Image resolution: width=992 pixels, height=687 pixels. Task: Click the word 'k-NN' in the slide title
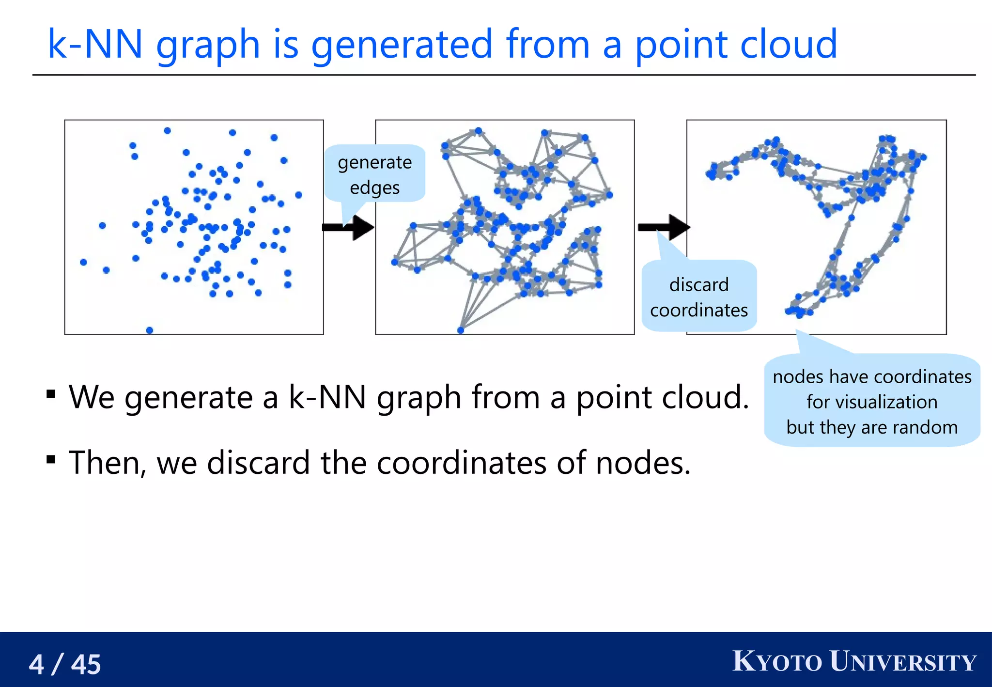pos(95,45)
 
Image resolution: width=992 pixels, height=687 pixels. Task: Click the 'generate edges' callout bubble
pos(374,174)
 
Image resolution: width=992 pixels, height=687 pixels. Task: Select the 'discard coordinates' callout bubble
pos(698,297)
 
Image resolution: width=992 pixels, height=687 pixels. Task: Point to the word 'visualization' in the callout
pos(871,402)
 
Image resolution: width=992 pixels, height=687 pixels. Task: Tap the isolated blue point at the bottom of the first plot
pos(150,330)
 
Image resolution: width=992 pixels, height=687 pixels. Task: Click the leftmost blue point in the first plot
pos(83,262)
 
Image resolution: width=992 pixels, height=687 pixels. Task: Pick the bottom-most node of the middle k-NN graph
pos(461,330)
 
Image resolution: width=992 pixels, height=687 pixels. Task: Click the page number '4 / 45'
pos(65,664)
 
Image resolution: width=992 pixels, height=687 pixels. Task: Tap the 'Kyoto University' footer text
pos(854,662)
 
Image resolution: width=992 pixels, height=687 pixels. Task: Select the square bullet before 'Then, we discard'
pos(51,459)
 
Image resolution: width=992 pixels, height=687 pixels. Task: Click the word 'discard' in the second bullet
pos(258,463)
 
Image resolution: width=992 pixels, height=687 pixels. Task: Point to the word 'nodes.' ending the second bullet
pos(643,463)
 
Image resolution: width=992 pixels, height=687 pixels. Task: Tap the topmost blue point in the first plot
pos(167,131)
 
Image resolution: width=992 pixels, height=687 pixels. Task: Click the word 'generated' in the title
pos(402,45)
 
